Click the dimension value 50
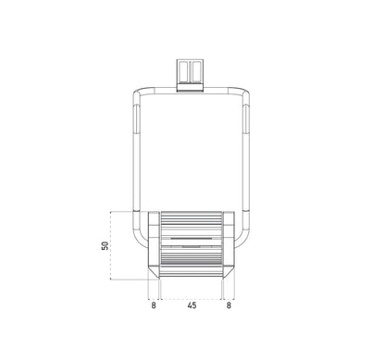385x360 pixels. (106, 245)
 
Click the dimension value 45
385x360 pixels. (191, 303)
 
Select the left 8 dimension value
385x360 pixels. (153, 303)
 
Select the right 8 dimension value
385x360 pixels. (229, 303)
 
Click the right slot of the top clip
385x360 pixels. (197, 70)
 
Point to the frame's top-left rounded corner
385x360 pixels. (136, 93)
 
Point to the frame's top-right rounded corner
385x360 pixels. (246, 93)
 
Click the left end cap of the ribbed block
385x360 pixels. (154, 244)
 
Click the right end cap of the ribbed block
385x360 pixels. (228, 244)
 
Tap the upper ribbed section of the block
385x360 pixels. (191, 224)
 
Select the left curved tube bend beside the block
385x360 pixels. (138, 242)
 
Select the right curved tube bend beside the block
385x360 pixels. (244, 242)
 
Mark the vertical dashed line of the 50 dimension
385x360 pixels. (112, 245)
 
